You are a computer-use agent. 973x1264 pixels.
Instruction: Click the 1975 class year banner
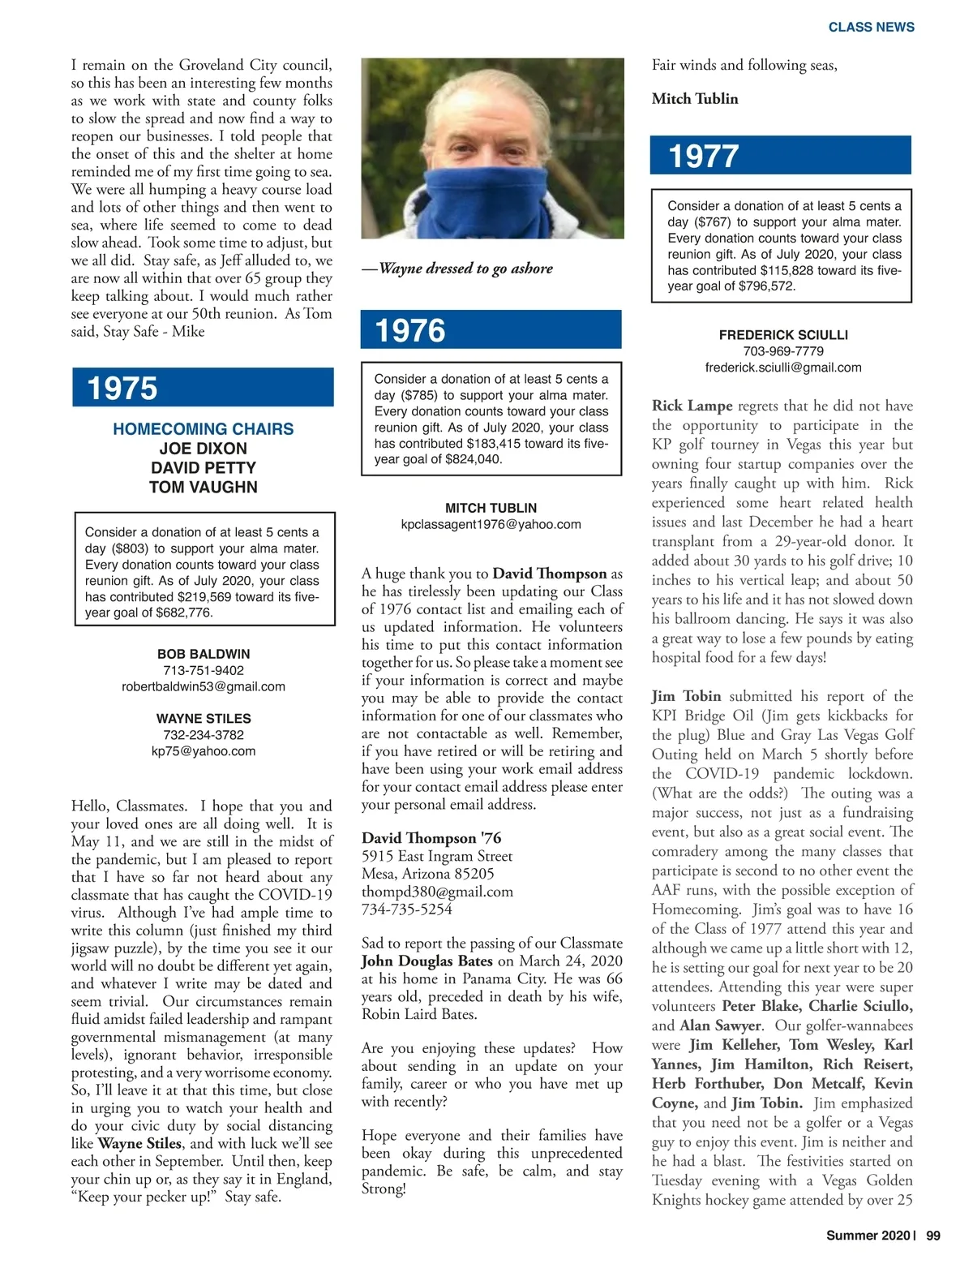(x=203, y=387)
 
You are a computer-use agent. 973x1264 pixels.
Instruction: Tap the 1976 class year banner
(x=491, y=329)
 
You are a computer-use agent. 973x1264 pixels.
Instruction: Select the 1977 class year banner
(x=781, y=155)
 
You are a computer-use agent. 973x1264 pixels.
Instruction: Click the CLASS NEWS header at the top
(x=871, y=27)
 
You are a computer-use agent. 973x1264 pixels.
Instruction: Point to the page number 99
(x=932, y=1236)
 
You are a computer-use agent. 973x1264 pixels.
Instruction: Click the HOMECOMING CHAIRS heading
(x=203, y=428)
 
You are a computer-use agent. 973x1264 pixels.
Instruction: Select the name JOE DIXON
(x=203, y=448)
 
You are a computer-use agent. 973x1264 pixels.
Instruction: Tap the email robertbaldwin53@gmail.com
(x=203, y=686)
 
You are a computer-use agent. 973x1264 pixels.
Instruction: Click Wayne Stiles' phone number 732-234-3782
(x=203, y=735)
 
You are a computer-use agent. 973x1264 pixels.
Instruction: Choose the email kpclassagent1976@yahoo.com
(x=491, y=524)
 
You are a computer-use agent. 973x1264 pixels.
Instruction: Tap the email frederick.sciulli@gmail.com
(x=782, y=368)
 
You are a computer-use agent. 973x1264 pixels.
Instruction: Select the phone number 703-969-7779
(x=782, y=351)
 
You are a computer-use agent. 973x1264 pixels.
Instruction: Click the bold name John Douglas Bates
(x=426, y=961)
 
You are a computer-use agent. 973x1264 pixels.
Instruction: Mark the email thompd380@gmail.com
(x=437, y=892)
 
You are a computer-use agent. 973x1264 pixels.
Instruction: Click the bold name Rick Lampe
(x=692, y=406)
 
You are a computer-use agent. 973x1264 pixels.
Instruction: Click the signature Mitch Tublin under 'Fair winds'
(x=695, y=99)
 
